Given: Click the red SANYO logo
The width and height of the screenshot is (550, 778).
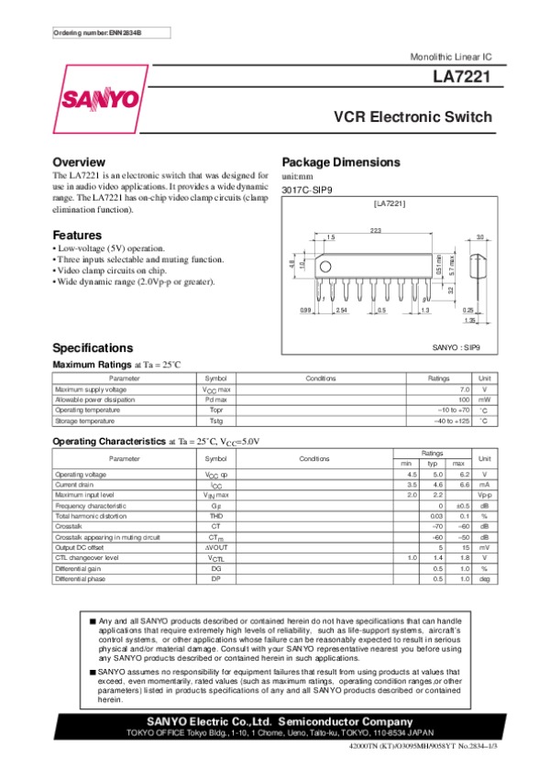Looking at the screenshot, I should tap(101, 99).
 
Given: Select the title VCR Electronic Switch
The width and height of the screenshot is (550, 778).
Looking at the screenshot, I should tap(412, 118).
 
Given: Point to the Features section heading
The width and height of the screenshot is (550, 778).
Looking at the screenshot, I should tap(77, 235).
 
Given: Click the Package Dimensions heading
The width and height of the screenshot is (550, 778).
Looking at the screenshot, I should tap(341, 162).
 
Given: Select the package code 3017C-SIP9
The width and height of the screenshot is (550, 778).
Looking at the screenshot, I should tap(307, 189).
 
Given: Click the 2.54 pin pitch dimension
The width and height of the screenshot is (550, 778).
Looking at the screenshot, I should tap(342, 311).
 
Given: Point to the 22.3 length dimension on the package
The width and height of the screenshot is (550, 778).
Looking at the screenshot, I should tap(376, 230).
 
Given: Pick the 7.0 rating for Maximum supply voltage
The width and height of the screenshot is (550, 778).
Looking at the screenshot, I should tap(464, 389).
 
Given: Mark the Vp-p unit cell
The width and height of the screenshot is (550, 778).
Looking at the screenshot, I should tap(485, 495).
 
